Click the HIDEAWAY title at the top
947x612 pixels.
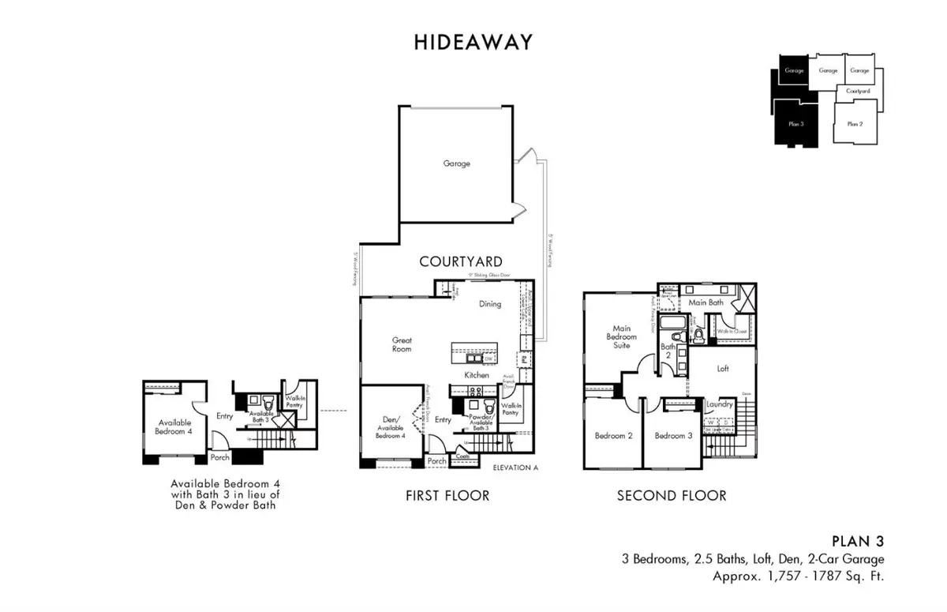pyautogui.click(x=473, y=43)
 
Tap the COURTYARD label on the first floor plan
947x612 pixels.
pyautogui.click(x=460, y=261)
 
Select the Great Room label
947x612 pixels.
pyautogui.click(x=402, y=346)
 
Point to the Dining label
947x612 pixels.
pyautogui.click(x=490, y=304)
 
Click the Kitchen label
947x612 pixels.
pyautogui.click(x=477, y=374)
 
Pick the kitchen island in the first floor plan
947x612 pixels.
pyautogui.click(x=474, y=352)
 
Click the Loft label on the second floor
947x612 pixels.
pyautogui.click(x=722, y=368)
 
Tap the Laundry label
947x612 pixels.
pyautogui.click(x=720, y=404)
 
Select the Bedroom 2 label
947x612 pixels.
pyautogui.click(x=613, y=436)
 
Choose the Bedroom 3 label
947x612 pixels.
pyautogui.click(x=673, y=436)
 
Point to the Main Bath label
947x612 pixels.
pyautogui.click(x=706, y=302)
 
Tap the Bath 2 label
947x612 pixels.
pyautogui.click(x=668, y=351)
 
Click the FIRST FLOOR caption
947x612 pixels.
pyautogui.click(x=447, y=496)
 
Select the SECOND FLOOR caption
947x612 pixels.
pyautogui.click(x=672, y=496)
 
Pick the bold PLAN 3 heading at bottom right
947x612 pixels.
pyautogui.click(x=858, y=542)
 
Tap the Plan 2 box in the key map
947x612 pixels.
pyautogui.click(x=855, y=124)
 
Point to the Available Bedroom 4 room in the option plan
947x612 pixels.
pyautogui.click(x=174, y=426)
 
